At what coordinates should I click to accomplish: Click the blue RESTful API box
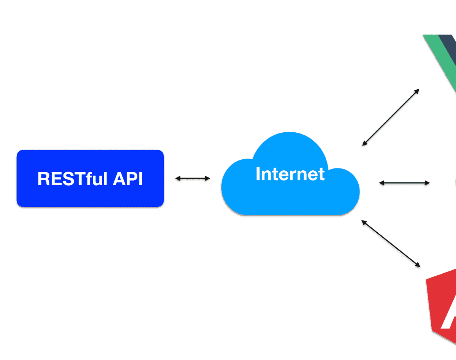pyautogui.click(x=90, y=178)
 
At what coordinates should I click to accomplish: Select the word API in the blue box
pyautogui.click(x=128, y=179)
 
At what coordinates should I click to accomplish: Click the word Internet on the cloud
pyautogui.click(x=290, y=174)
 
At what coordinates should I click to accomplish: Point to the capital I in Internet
pyautogui.click(x=258, y=174)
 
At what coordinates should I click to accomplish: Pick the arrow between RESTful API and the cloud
pyautogui.click(x=192, y=178)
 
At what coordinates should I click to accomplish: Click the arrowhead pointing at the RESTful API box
pyautogui.click(x=177, y=178)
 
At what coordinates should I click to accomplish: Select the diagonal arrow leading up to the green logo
pyautogui.click(x=391, y=117)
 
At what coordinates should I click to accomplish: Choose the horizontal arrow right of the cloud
pyautogui.click(x=404, y=183)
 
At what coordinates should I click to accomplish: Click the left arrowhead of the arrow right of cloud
pyautogui.click(x=381, y=183)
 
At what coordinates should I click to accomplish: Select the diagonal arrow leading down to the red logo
pyautogui.click(x=391, y=243)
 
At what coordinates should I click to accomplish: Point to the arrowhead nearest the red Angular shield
pyautogui.click(x=418, y=265)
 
